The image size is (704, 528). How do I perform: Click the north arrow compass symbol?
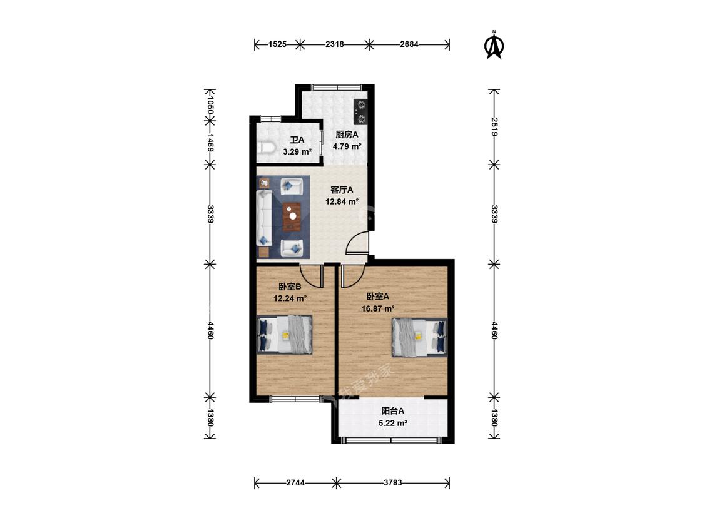495,46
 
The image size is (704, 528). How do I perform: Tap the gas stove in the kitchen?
360,111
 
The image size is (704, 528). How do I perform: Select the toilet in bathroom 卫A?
266,148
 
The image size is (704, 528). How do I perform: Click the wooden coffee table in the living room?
291,216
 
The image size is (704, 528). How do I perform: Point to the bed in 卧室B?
285,335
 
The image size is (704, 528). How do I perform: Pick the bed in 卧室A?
420,337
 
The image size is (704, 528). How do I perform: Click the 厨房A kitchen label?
347,135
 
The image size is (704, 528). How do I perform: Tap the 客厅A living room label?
342,190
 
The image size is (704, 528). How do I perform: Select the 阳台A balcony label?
393,411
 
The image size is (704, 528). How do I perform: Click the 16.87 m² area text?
377,308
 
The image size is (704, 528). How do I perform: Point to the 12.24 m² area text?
290,298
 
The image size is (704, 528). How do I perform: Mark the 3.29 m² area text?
297,151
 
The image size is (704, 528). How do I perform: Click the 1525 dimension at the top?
277,44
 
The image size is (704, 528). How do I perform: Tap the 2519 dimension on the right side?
494,127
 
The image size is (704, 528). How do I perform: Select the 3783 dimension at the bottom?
392,483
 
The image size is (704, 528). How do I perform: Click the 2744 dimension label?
296,483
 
